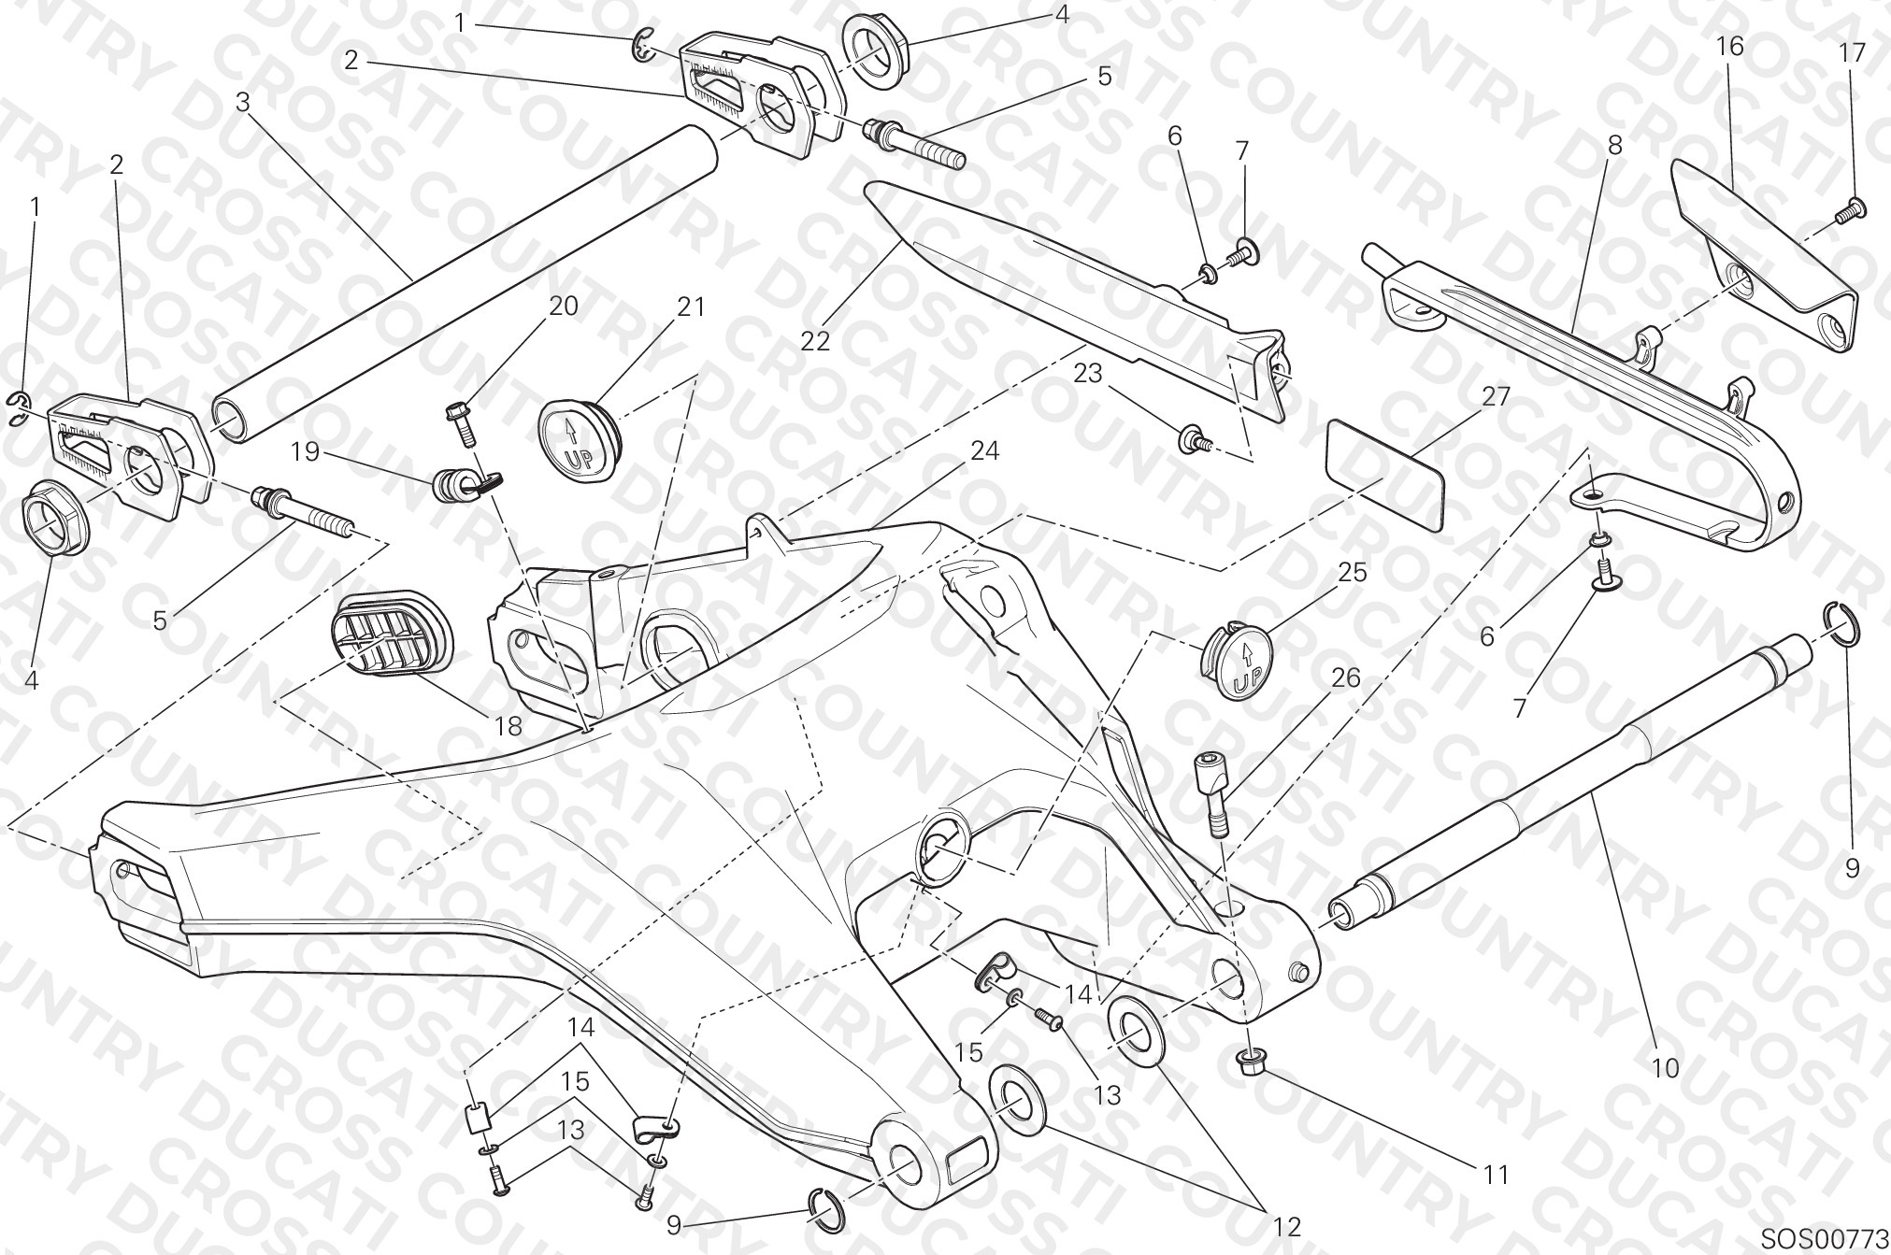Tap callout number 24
click(984, 451)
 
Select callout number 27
click(1496, 396)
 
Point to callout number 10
click(1666, 1067)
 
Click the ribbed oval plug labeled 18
click(393, 643)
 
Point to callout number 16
click(1730, 46)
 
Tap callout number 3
click(243, 102)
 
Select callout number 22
click(815, 341)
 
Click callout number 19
click(305, 452)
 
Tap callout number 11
click(1497, 1175)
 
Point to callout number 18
click(508, 725)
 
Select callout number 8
click(1615, 146)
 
